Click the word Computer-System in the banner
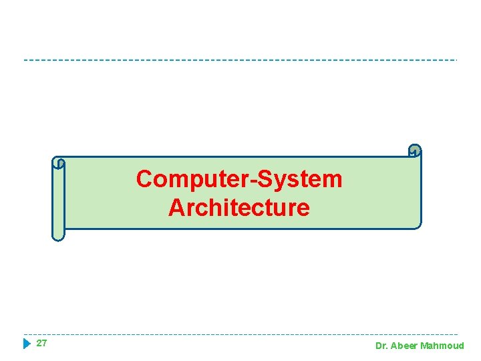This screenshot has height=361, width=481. coord(238,179)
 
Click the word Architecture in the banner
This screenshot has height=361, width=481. coord(238,208)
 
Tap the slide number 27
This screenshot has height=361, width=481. coord(41,344)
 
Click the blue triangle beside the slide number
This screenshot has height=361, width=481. coord(27,344)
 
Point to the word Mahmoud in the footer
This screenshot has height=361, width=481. coord(442,346)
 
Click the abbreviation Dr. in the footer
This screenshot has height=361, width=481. coord(381,346)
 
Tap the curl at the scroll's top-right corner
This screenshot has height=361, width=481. coord(415,151)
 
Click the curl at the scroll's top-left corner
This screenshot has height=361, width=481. coord(59,162)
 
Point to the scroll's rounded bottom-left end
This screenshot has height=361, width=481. coord(59,235)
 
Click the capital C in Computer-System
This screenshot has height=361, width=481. coord(144,179)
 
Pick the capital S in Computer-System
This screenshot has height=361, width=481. coord(262,179)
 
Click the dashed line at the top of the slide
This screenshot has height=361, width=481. coord(240,60)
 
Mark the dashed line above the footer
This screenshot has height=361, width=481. coord(240,334)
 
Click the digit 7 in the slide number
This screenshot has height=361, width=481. coord(44,344)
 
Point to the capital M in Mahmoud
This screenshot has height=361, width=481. coord(426,346)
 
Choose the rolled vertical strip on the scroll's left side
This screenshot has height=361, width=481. coord(59,201)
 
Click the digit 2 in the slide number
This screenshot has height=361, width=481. coord(39,344)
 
